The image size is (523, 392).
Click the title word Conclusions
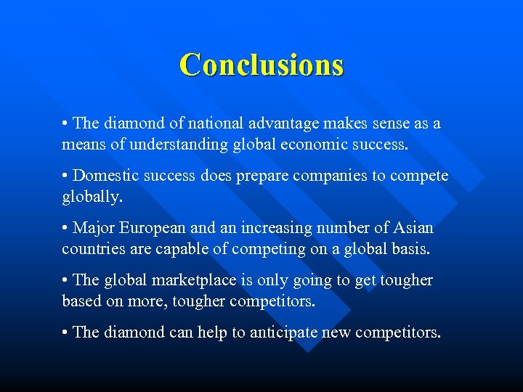pos(261,65)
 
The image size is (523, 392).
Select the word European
pos(158,228)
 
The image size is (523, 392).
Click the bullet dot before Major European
pos(65,229)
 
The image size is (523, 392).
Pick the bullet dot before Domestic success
pos(65,176)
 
